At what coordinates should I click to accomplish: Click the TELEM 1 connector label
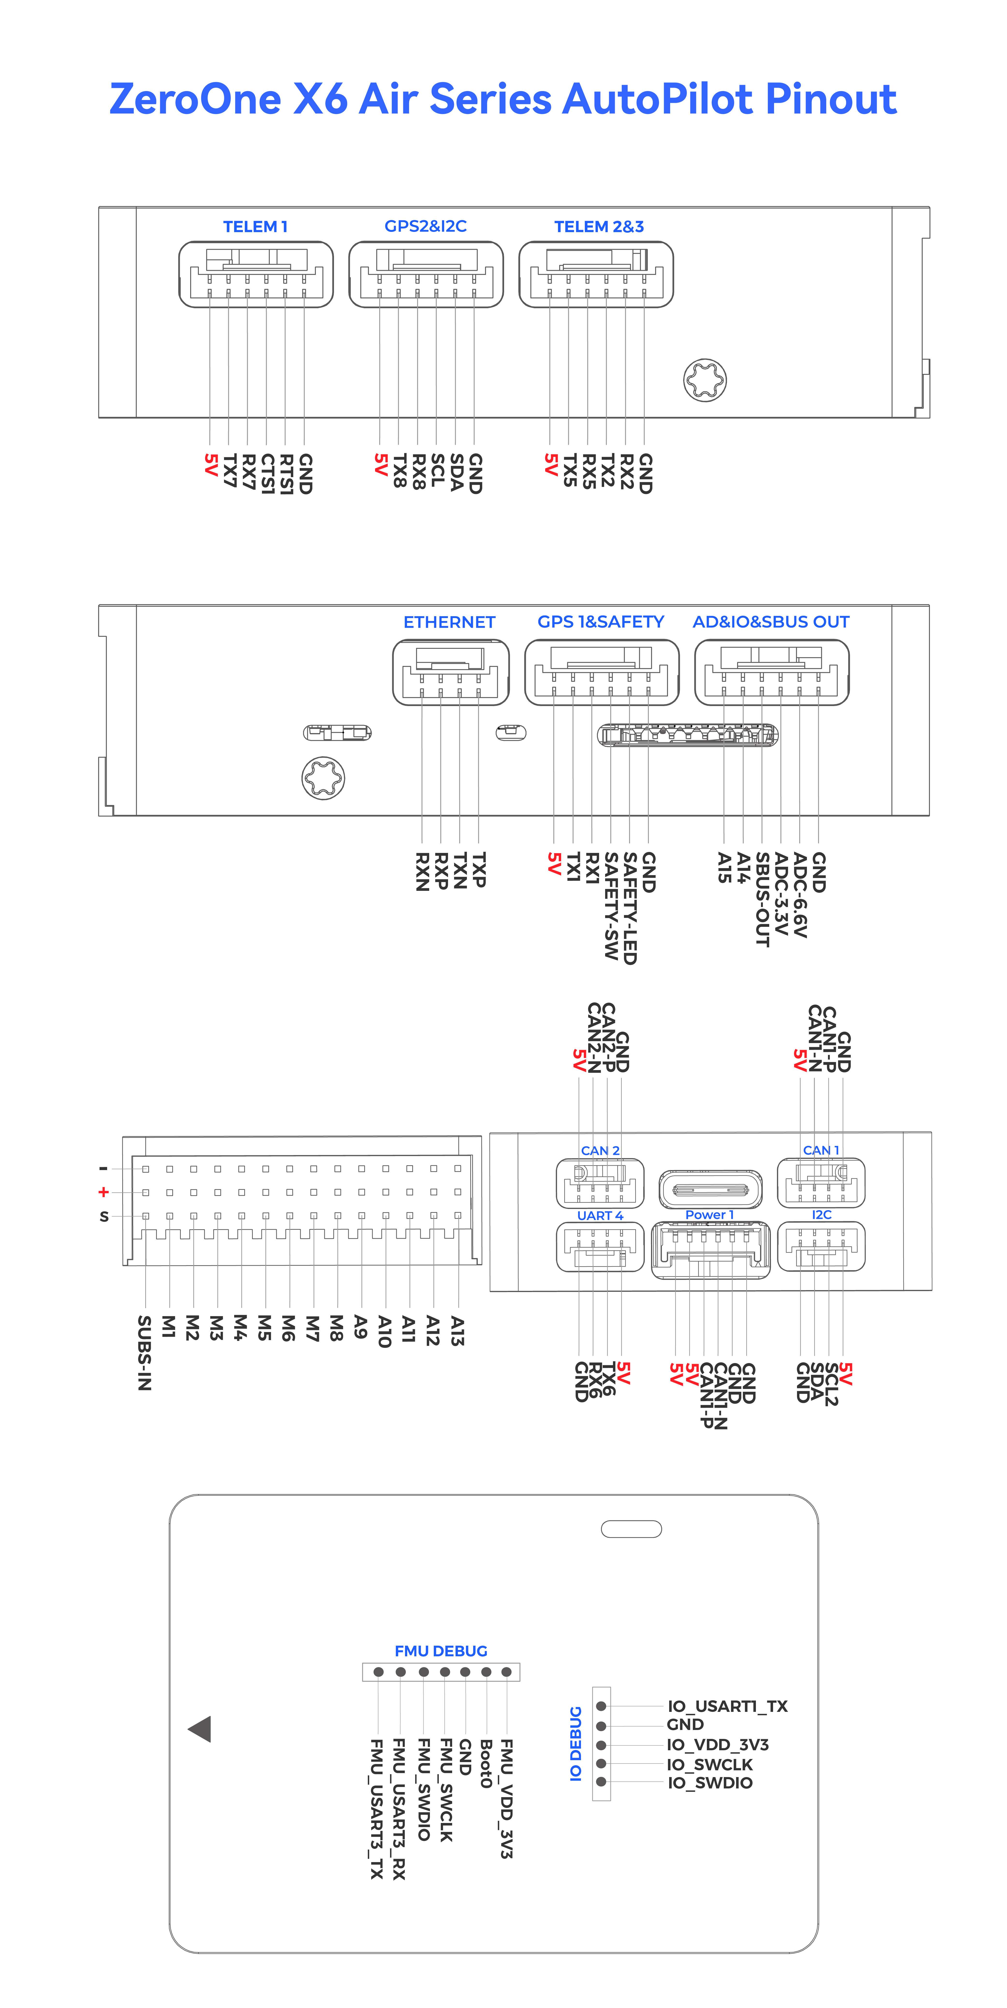(255, 227)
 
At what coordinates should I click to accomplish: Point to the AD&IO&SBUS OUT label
(771, 622)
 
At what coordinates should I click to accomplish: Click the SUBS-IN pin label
(144, 1352)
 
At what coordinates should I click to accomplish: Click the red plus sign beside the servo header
(103, 1192)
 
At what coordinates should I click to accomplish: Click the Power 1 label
(709, 1215)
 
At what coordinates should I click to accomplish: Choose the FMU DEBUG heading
(441, 1651)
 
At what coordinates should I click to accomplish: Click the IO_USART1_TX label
(727, 1706)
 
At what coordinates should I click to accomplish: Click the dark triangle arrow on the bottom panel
(201, 1729)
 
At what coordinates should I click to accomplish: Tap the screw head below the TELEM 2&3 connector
(704, 380)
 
